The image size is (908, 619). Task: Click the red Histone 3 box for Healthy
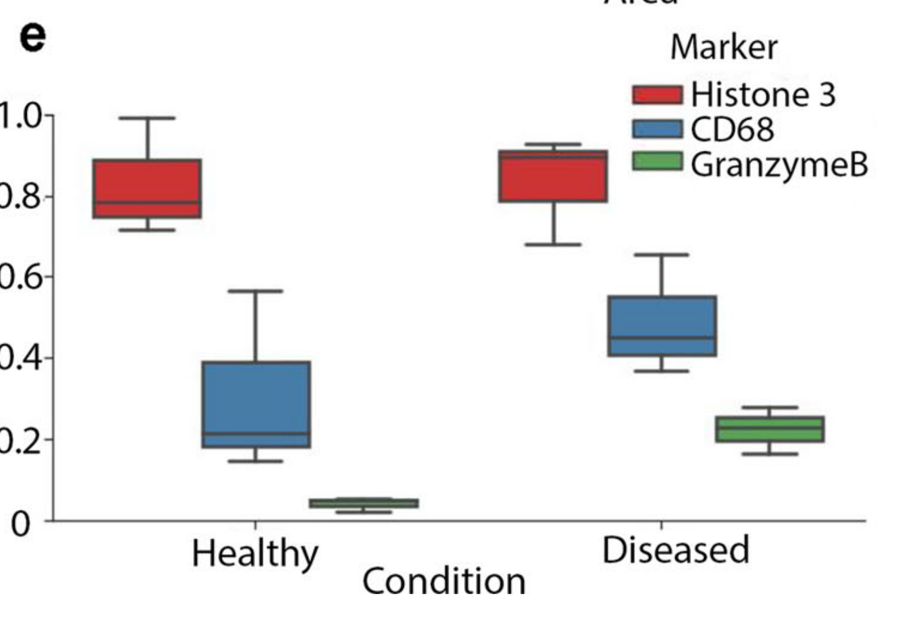[147, 188]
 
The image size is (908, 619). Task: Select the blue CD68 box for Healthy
[256, 404]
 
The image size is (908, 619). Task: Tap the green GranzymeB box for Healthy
[364, 503]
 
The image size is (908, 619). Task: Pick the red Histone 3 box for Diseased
[553, 176]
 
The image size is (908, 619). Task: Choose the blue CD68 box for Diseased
[662, 326]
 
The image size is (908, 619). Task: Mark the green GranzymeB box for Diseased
[770, 429]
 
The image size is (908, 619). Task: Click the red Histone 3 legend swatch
[657, 95]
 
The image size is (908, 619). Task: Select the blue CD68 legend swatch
[657, 129]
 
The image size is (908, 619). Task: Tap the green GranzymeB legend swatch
[657, 161]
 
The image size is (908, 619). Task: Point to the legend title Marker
[724, 47]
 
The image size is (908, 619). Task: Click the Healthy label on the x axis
[254, 553]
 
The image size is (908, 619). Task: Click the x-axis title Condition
[444, 581]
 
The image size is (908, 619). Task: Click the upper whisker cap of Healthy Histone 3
[147, 118]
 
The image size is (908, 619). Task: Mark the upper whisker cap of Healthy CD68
[256, 291]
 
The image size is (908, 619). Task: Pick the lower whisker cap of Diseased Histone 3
[553, 244]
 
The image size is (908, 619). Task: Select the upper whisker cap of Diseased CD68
[662, 255]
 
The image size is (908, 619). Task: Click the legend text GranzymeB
[779, 165]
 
